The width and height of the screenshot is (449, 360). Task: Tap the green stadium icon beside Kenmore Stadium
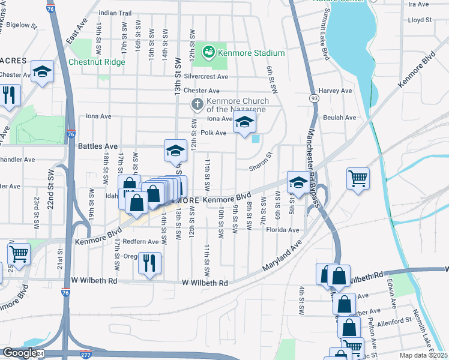(x=209, y=52)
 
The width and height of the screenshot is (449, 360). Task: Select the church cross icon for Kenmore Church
(x=197, y=104)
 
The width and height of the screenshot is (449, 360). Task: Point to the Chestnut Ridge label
(x=97, y=62)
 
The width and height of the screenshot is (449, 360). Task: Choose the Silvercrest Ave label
(x=206, y=77)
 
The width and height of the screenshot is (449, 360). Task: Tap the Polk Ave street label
(x=213, y=133)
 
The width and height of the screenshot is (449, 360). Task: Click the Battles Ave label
(x=98, y=146)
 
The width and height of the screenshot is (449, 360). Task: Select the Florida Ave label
(x=283, y=230)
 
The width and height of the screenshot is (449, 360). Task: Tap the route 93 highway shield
(x=315, y=97)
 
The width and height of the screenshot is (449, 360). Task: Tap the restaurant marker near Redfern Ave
(x=149, y=262)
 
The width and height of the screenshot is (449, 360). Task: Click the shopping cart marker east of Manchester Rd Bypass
(x=358, y=178)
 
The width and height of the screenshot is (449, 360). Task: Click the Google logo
(x=19, y=352)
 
